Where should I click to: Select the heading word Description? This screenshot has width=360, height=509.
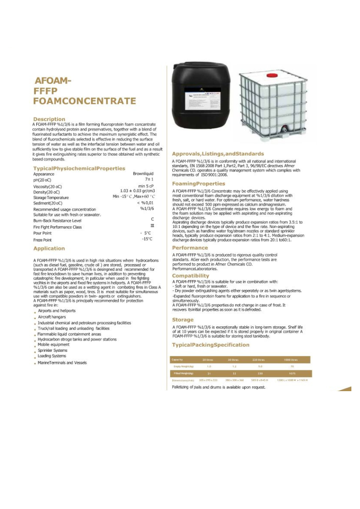pos(49,119)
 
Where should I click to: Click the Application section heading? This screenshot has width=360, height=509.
pos(49,248)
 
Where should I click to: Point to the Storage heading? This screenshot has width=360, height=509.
pos(183,320)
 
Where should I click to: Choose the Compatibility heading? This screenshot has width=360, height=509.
pos(190,276)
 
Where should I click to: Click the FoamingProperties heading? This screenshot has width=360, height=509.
pos(198,184)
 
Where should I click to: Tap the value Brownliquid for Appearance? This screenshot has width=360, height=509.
pos(143,174)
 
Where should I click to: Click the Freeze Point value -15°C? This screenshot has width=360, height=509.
pos(147,239)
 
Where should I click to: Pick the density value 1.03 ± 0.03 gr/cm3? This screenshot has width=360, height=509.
pos(137,191)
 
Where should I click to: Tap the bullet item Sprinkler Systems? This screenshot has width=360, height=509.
pos(53,350)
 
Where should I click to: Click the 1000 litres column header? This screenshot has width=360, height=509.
pos(290,359)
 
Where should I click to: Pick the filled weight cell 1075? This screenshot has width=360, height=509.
pos(292,373)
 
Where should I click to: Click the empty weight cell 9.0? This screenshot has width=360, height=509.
pos(260,366)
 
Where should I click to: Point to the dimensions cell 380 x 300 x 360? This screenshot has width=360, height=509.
pos(234,380)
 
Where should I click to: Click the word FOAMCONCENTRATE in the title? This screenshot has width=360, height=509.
pos(85,101)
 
